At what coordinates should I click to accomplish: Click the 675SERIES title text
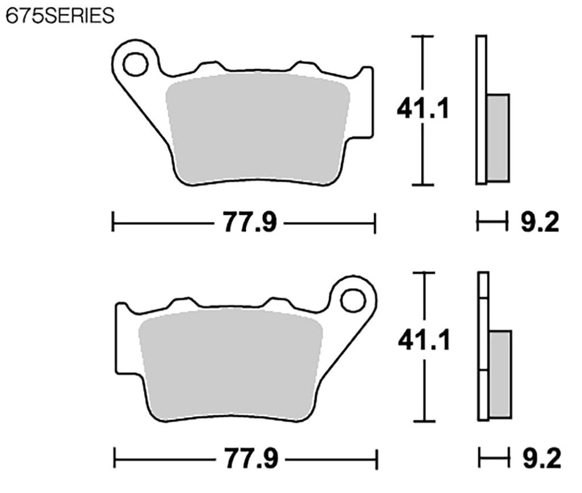coord(60,16)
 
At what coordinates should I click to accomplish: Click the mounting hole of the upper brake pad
coord(135,64)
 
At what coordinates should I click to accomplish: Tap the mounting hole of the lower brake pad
coord(354,300)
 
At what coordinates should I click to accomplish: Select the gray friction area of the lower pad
coord(230,367)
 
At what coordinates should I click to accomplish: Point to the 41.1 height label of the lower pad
coord(423,341)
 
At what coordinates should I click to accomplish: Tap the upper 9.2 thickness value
coord(540,222)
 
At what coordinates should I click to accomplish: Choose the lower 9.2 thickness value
coord(541,458)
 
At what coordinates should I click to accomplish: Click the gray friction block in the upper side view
coord(498,138)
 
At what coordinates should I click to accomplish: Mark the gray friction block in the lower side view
coord(500,374)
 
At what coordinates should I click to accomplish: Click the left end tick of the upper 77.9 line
coord(113,222)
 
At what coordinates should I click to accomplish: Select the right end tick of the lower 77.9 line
coord(377,458)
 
